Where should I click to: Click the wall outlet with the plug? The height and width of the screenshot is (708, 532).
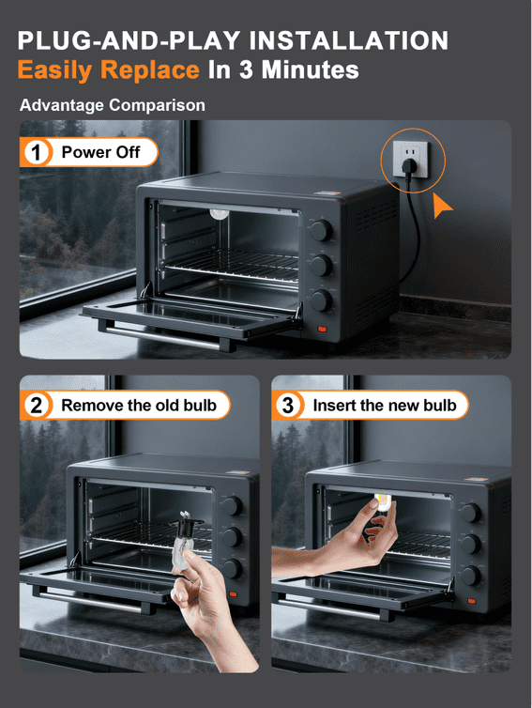click(410, 159)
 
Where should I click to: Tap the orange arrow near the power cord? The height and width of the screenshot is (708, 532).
click(441, 206)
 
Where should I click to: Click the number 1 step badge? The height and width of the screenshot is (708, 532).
click(36, 152)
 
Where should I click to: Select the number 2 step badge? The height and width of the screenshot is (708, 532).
click(36, 405)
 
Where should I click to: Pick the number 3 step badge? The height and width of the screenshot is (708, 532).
click(287, 405)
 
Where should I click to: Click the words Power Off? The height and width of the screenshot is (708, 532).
click(100, 152)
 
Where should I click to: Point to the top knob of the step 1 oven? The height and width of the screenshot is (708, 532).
click(321, 230)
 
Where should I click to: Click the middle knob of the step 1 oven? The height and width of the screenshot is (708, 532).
click(321, 265)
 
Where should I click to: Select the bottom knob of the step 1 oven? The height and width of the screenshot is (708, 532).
click(321, 300)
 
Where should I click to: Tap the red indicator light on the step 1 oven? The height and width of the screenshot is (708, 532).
click(322, 330)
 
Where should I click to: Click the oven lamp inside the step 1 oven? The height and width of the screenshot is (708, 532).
click(220, 213)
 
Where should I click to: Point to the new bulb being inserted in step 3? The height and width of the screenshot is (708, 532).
click(382, 501)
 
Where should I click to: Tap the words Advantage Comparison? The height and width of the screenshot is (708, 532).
click(113, 105)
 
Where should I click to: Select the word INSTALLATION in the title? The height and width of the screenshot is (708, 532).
click(348, 40)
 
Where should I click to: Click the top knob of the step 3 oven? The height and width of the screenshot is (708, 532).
click(471, 513)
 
